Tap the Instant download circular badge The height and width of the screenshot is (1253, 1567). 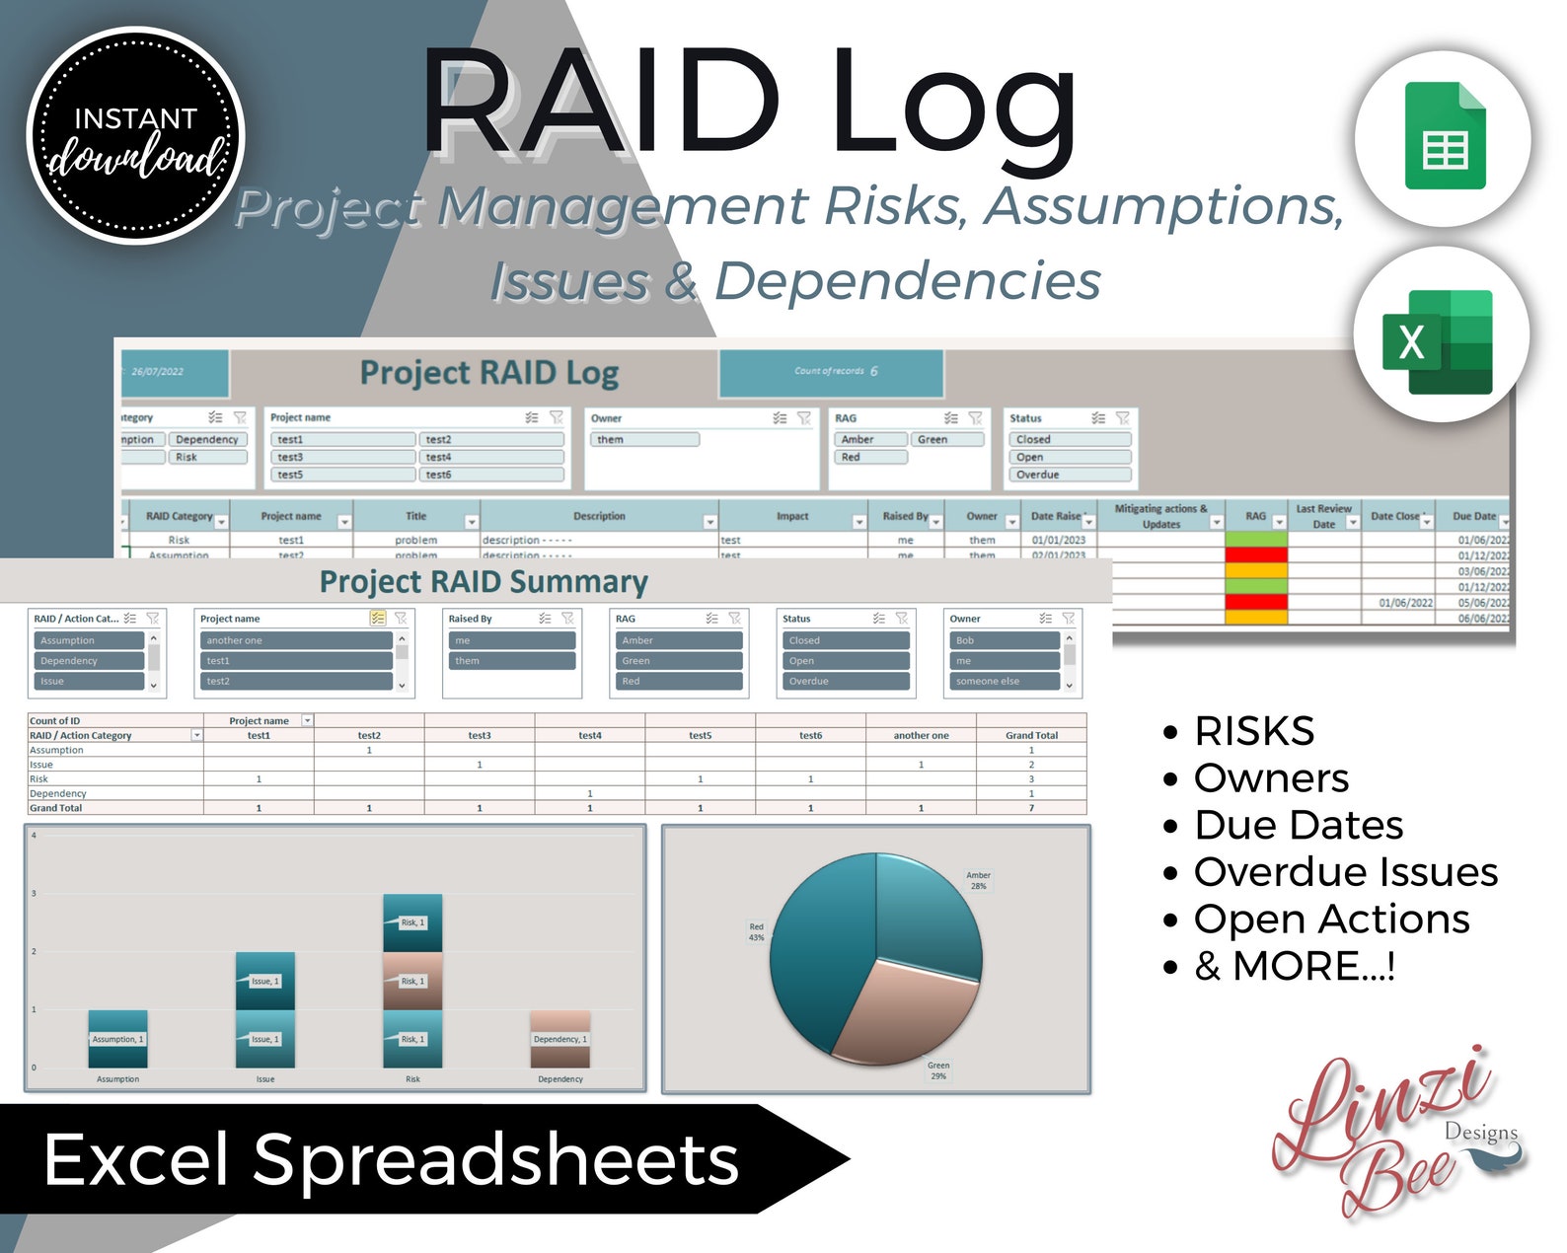(135, 136)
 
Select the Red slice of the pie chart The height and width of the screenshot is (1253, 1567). (819, 947)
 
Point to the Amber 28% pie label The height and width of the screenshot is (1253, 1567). (978, 880)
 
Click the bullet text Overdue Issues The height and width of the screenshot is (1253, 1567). (1345, 872)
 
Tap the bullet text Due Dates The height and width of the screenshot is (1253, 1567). (1298, 825)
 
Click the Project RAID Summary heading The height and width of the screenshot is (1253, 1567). (484, 582)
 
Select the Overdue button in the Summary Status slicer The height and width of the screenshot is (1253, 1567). (844, 681)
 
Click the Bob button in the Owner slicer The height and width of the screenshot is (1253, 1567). (1002, 640)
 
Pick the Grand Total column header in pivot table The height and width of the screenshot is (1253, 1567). (1031, 735)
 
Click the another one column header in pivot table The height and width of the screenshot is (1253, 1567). (921, 735)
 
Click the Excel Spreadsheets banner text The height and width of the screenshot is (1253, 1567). (391, 1159)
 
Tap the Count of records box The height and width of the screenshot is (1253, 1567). (831, 372)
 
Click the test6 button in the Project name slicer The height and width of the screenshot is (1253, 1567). (491, 475)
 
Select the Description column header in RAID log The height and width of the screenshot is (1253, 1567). (598, 516)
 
